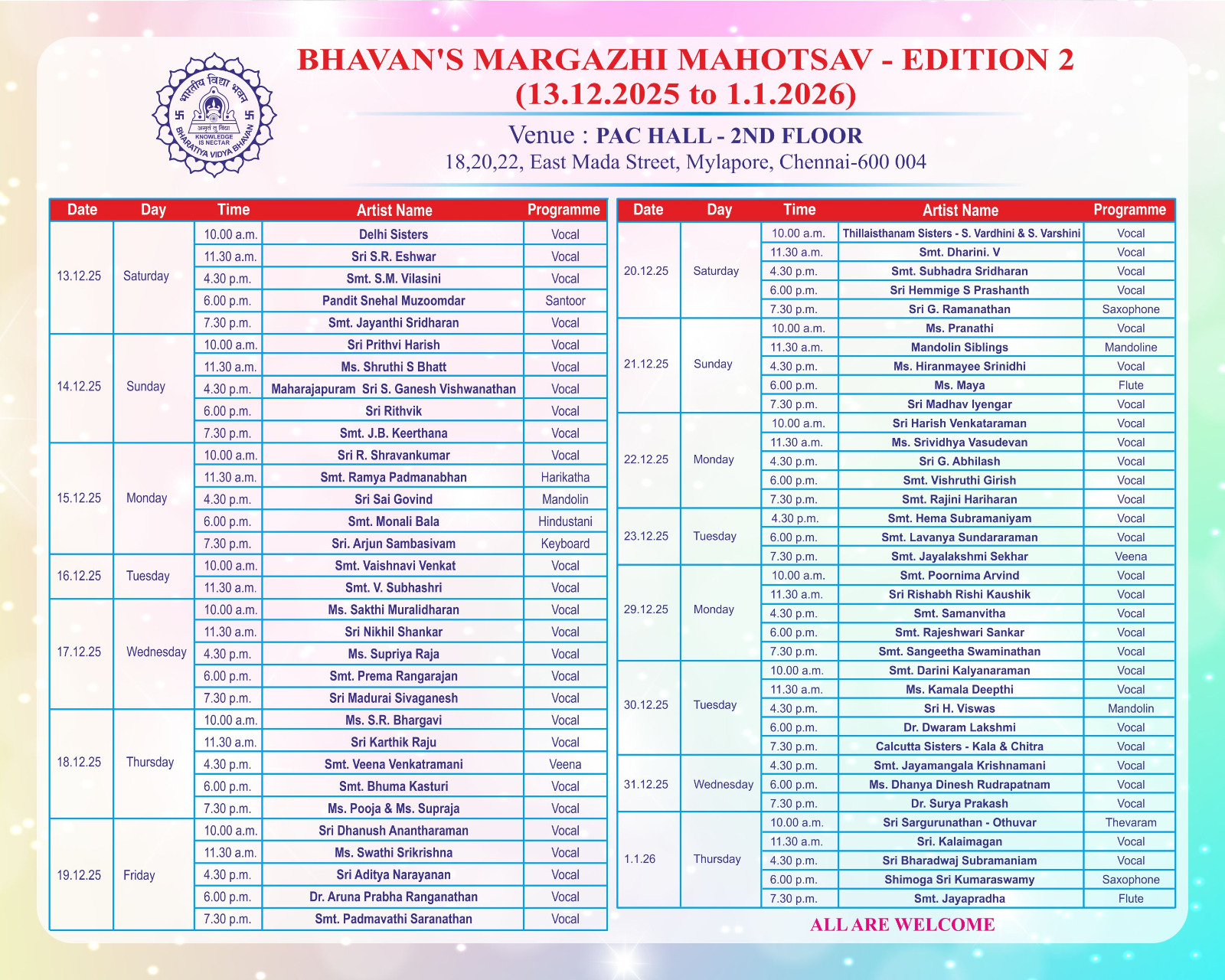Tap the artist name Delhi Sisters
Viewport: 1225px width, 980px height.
click(x=394, y=234)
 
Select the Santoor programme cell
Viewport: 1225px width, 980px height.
click(x=565, y=301)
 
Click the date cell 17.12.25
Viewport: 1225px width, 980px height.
click(x=79, y=652)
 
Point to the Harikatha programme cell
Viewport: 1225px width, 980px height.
click(x=565, y=477)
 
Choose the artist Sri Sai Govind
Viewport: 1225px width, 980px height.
click(x=394, y=499)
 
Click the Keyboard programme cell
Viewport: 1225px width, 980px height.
click(x=565, y=544)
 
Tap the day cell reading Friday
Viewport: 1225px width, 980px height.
click(x=139, y=875)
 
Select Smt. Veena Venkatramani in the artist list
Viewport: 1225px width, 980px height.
click(x=394, y=764)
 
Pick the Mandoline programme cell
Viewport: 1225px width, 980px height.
click(x=1130, y=348)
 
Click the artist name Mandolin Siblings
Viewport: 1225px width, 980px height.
click(x=959, y=348)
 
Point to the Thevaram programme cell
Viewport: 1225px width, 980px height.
click(x=1130, y=822)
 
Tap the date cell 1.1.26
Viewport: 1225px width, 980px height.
click(x=639, y=859)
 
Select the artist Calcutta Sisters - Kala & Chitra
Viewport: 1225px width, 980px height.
click(x=959, y=746)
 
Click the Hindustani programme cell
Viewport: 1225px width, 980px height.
click(x=565, y=521)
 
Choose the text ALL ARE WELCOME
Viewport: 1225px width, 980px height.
click(x=902, y=925)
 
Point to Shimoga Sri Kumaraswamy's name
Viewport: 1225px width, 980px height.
click(x=959, y=880)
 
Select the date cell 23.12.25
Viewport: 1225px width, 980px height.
click(x=646, y=536)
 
